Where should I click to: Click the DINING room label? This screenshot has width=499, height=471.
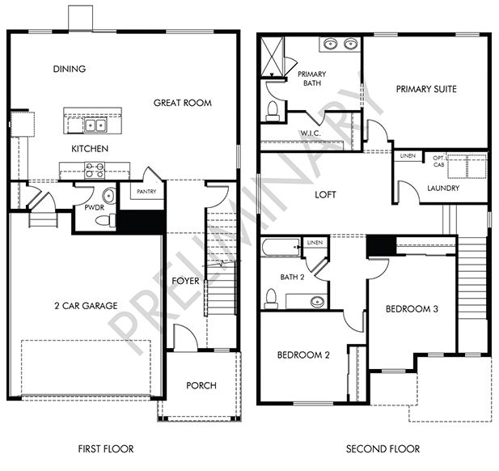point(70,69)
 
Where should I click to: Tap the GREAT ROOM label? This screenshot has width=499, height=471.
point(183,103)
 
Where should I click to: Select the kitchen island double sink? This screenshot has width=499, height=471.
point(94,125)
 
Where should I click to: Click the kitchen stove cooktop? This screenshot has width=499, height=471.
point(95,170)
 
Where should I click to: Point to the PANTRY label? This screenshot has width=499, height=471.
point(146,192)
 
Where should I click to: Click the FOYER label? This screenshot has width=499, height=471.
point(185,281)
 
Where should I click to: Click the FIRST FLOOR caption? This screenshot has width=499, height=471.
point(105,448)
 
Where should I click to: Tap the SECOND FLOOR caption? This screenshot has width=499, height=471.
point(383,448)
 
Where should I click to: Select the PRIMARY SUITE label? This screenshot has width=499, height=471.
point(426,89)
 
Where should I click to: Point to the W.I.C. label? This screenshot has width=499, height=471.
point(311,134)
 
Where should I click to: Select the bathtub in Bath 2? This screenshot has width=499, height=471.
point(281,246)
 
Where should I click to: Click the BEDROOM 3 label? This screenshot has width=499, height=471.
point(412,309)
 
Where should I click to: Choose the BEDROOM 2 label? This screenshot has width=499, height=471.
point(304,354)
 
